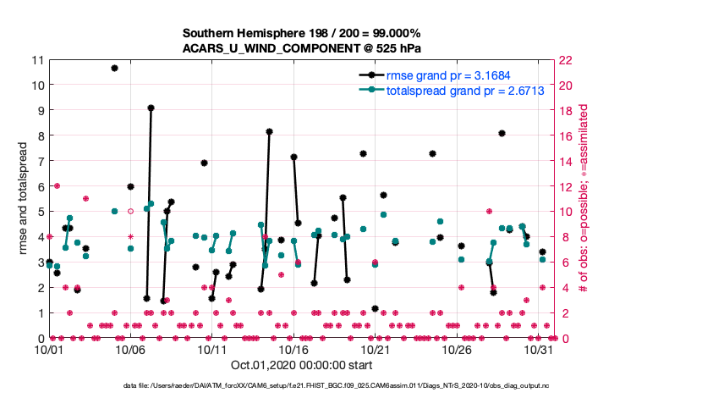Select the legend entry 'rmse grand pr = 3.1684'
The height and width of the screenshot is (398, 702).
(x=448, y=75)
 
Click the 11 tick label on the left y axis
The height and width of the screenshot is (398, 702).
(x=36, y=60)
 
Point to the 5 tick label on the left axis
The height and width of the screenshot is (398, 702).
(x=40, y=212)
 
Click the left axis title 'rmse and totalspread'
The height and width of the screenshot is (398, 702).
(x=24, y=199)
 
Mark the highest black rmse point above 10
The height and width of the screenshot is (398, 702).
(x=114, y=68)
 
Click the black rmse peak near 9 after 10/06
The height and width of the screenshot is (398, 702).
(x=151, y=108)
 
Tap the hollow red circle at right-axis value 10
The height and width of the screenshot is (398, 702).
(x=130, y=212)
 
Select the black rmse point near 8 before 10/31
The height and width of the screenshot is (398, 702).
(x=502, y=133)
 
